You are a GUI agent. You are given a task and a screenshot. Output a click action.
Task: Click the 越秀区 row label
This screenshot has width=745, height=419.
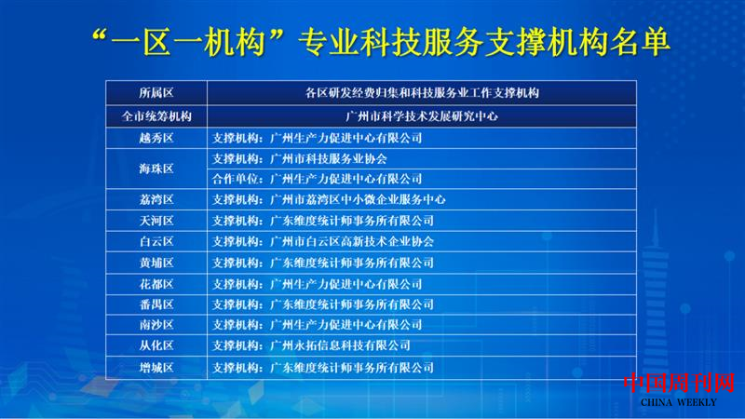[156, 137]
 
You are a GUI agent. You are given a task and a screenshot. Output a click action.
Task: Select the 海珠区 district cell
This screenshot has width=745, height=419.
[156, 169]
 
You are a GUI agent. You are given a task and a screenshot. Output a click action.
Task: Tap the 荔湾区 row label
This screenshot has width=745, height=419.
[156, 199]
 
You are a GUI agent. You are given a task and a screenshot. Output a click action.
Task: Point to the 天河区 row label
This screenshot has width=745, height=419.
[156, 221]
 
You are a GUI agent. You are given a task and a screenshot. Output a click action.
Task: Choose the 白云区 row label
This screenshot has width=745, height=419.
[156, 241]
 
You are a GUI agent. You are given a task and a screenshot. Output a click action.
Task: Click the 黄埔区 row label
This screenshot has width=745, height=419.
[156, 263]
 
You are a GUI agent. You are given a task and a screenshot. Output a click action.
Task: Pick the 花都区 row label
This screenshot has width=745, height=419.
[156, 283]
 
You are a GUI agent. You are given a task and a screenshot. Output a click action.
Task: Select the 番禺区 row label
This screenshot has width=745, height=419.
[156, 304]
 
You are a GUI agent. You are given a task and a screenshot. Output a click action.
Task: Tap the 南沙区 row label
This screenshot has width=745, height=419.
[156, 325]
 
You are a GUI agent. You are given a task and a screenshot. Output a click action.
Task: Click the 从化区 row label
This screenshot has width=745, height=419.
[156, 345]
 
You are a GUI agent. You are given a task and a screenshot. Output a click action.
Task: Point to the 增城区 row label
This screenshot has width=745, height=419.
[156, 368]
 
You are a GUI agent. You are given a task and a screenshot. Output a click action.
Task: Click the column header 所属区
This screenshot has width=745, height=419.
[156, 93]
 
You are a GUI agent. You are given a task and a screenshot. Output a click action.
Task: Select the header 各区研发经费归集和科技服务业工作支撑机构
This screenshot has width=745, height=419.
[421, 93]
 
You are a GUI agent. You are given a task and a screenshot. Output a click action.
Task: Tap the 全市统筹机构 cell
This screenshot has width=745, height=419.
[156, 116]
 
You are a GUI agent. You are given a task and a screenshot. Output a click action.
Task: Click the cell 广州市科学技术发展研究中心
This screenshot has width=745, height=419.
[421, 116]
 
